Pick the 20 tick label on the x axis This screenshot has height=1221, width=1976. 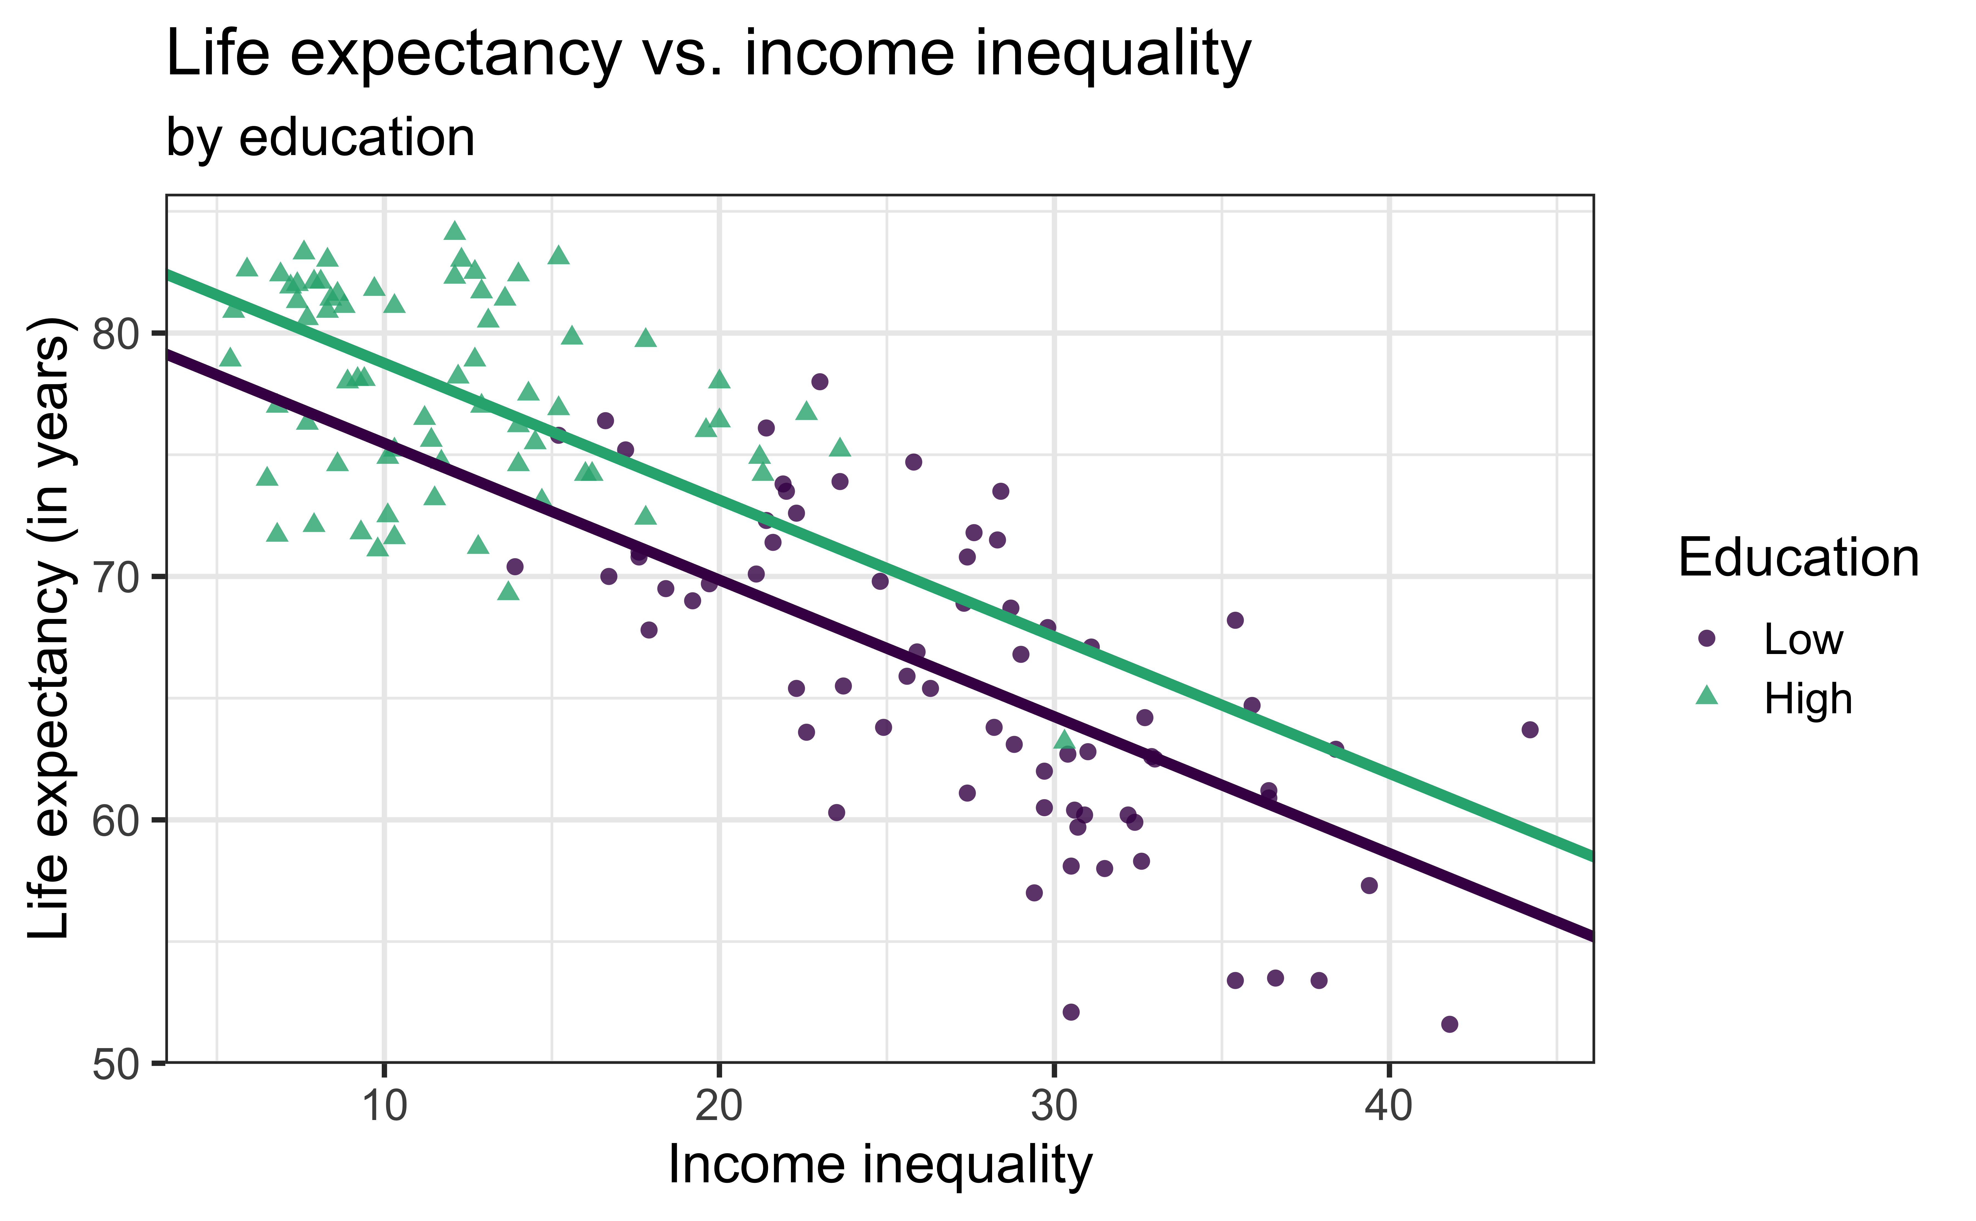pyautogui.click(x=719, y=1105)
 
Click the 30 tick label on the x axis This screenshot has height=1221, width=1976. pyautogui.click(x=1054, y=1105)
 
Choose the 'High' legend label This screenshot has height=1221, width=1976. pyautogui.click(x=1807, y=698)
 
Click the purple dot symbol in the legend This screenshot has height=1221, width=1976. pyautogui.click(x=1706, y=638)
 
